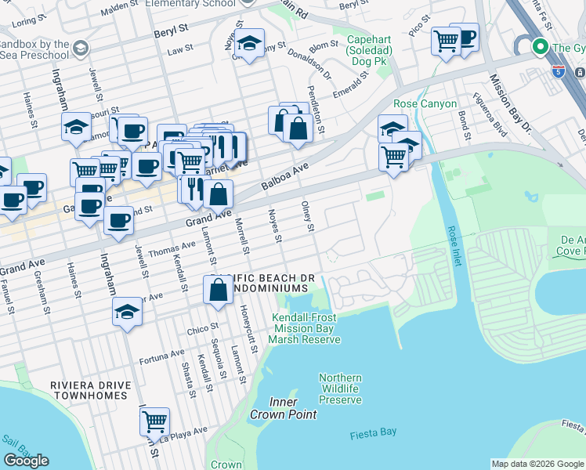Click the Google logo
tap(27, 461)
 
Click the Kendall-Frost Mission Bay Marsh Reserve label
tap(305, 328)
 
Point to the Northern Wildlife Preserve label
tap(340, 389)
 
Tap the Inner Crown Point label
tap(274, 408)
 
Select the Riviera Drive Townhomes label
tap(88, 390)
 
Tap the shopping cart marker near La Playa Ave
tap(154, 421)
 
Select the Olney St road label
tap(308, 216)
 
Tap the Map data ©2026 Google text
tap(537, 464)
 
